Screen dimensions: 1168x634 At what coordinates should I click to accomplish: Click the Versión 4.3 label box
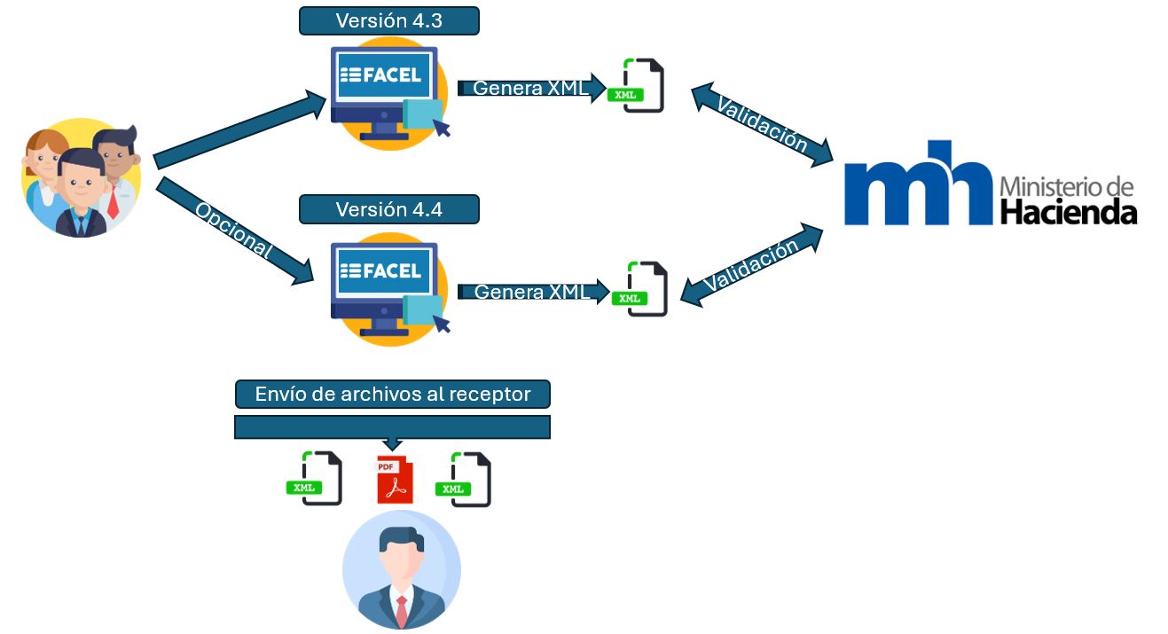(389, 21)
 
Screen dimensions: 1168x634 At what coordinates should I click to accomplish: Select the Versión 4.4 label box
(389, 209)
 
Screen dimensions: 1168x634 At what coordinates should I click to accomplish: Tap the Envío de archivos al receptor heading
(393, 395)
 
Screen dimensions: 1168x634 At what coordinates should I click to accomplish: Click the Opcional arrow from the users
(235, 231)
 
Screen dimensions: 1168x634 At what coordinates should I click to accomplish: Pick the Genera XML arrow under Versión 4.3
(532, 88)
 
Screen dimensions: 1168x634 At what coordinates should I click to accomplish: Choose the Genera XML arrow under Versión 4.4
(533, 292)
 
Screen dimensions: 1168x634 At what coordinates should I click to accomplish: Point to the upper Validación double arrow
(762, 125)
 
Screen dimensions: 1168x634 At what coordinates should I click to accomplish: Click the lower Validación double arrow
(752, 265)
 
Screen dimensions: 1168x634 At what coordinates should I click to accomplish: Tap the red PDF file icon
(395, 480)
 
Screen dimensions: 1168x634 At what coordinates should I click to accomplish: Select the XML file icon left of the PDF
(315, 478)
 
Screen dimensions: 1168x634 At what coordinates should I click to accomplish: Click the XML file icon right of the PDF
(463, 479)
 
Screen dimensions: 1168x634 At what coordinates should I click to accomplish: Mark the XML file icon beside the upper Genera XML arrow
(636, 85)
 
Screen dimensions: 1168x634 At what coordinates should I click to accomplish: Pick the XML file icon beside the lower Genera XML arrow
(639, 288)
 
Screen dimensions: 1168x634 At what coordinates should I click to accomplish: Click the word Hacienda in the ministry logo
(1069, 212)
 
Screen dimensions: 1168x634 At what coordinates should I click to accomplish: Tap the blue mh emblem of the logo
(918, 183)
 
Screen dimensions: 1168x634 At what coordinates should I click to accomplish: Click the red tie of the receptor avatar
(402, 611)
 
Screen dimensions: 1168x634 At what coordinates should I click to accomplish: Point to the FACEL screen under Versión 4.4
(384, 270)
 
